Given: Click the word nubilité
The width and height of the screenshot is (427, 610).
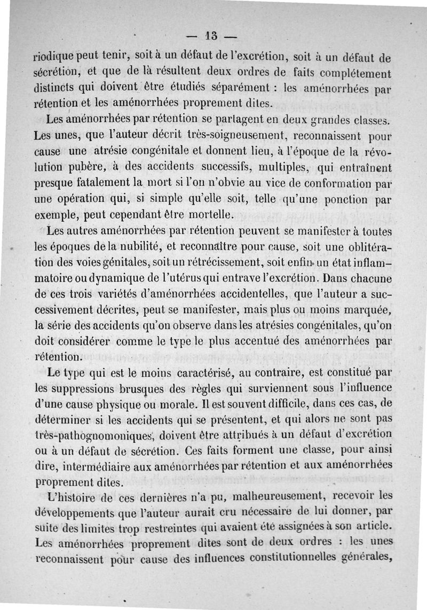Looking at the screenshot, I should [x=137, y=248].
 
